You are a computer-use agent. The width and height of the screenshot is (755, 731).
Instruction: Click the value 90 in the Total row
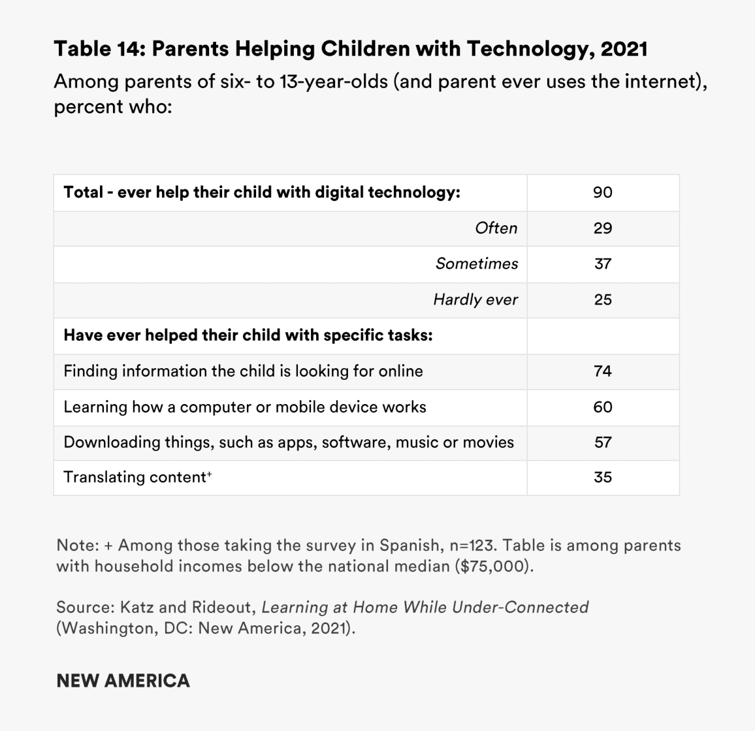602,193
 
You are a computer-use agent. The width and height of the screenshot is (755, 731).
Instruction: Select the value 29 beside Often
602,228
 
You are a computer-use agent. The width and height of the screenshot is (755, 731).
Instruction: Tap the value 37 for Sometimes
602,264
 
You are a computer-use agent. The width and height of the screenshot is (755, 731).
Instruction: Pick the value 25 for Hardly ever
602,300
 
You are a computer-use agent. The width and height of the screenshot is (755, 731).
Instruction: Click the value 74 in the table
602,371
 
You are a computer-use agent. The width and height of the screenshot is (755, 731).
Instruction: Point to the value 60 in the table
602,407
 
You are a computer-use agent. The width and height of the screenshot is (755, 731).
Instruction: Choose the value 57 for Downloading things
602,443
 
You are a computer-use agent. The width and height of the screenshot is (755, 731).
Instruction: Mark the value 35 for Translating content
602,478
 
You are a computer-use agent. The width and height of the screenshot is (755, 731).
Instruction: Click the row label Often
496,228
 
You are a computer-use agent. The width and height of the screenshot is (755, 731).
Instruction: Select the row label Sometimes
476,264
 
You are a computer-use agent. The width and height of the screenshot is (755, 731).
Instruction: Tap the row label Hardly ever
475,300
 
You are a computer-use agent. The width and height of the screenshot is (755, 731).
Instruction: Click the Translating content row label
137,478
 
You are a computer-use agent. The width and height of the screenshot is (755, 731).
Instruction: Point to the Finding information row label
243,371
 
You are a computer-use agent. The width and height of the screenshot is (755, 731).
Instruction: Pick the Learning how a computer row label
244,407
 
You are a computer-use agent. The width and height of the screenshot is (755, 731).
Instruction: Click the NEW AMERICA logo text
123,681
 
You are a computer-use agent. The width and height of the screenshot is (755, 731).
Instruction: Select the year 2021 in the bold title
623,49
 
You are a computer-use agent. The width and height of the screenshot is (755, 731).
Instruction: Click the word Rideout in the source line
222,608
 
